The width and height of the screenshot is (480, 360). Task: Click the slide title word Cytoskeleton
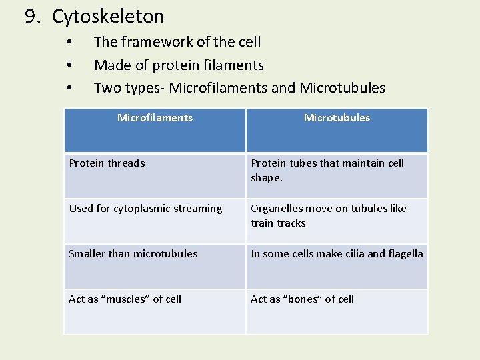[108, 17]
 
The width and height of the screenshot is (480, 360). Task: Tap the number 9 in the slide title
[31, 17]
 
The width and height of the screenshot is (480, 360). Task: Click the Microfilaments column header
[155, 118]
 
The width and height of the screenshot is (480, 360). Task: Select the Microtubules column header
[337, 118]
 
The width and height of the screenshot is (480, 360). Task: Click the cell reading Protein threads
[107, 163]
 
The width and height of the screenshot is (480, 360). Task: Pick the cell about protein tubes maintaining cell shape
[327, 170]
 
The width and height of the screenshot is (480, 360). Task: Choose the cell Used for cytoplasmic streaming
[146, 209]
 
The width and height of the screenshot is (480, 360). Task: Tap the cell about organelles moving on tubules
[329, 215]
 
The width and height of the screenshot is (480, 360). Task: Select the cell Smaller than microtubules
[133, 254]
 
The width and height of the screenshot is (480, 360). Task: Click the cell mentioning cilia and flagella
[337, 254]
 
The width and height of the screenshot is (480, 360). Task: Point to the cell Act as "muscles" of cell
[125, 299]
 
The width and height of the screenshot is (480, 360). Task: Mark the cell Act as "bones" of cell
[302, 299]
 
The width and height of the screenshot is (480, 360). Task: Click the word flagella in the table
[406, 254]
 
